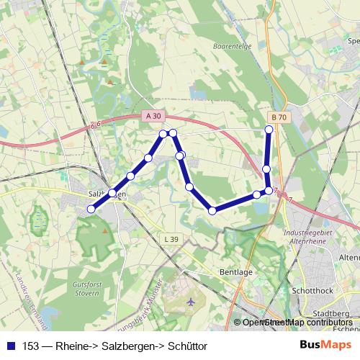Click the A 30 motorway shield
[153, 115]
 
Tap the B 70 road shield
[279, 117]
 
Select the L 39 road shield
[171, 239]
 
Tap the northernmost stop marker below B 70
[269, 130]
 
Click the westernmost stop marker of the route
[91, 209]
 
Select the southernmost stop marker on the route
[212, 210]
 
